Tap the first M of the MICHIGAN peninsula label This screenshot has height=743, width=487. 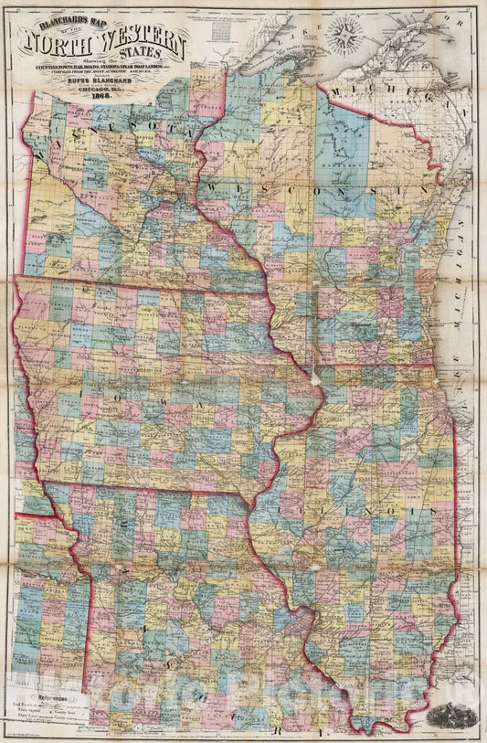coord(339,93)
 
